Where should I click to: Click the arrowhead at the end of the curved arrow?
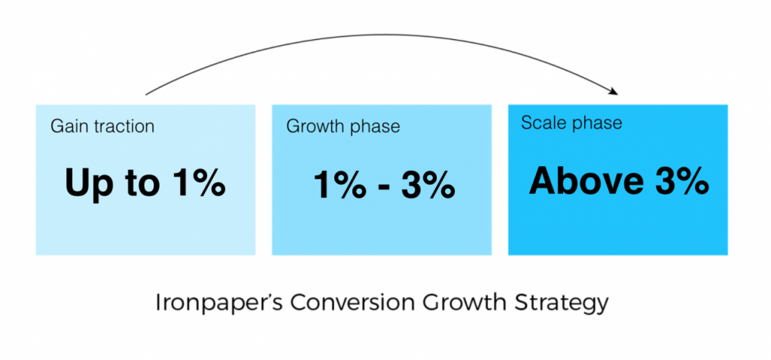click(x=613, y=91)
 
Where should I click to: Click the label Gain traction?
click(x=102, y=127)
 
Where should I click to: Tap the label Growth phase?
click(x=343, y=127)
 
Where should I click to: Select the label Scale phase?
click(x=571, y=123)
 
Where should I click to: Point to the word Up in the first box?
click(x=86, y=183)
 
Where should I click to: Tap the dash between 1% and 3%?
click(x=385, y=187)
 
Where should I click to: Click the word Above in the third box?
click(x=586, y=182)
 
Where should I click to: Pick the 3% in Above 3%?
click(x=681, y=182)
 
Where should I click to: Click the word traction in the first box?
click(x=123, y=127)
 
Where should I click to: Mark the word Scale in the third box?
click(x=543, y=123)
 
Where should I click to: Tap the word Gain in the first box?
click(x=69, y=127)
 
